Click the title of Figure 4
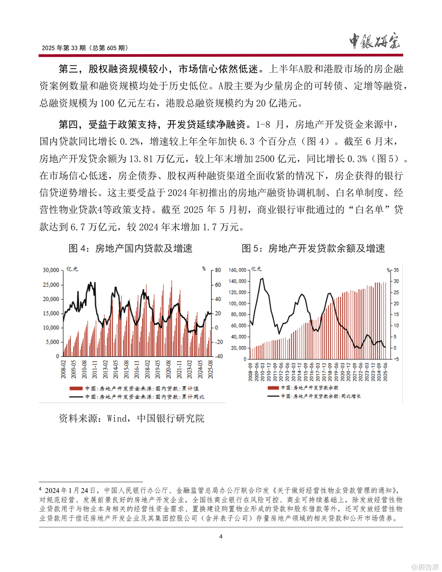(x=130, y=249)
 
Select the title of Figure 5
(x=313, y=249)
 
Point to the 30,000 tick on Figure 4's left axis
(x=51, y=270)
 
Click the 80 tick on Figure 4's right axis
(x=218, y=270)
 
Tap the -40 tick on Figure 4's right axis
(x=218, y=356)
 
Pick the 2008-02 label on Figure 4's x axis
(x=63, y=369)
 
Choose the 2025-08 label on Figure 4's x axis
(x=210, y=369)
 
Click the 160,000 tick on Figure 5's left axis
(x=237, y=270)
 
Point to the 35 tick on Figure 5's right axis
(x=396, y=270)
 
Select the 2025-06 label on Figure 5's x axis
(x=386, y=371)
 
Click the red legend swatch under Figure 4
(x=76, y=388)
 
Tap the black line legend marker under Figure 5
(x=273, y=396)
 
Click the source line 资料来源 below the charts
(x=132, y=419)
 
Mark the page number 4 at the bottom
(x=221, y=537)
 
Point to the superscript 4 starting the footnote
(x=40, y=488)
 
